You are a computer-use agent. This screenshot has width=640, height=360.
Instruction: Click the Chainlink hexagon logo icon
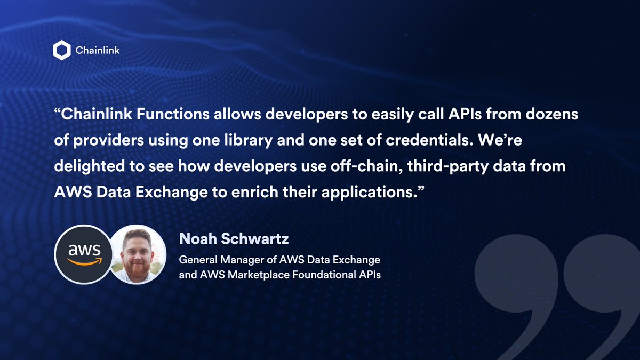point(62,51)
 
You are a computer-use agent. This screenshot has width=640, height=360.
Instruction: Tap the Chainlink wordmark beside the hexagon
point(98,51)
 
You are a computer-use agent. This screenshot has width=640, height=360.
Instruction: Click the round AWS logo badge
point(83,253)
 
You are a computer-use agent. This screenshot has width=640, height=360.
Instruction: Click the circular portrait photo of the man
point(138,253)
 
